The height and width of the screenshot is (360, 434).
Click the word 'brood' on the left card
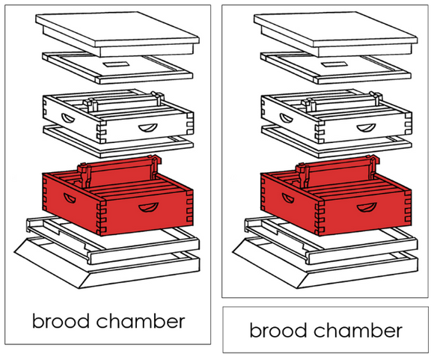[61, 320]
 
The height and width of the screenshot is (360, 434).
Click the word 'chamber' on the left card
[141, 320]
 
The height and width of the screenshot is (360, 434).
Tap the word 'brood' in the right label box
[278, 330]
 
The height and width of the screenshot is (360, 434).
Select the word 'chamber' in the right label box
[358, 330]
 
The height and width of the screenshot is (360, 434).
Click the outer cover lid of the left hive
[117, 33]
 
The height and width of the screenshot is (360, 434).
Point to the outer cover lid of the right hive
[335, 33]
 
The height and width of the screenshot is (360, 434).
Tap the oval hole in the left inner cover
[116, 64]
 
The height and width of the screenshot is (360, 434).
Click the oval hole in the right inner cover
[334, 64]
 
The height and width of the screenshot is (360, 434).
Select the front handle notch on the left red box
[148, 207]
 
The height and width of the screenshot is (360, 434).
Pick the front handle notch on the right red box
[367, 207]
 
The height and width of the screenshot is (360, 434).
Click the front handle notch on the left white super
[148, 128]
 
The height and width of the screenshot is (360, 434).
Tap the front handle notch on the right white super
[366, 128]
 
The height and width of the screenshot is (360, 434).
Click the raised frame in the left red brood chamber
[119, 171]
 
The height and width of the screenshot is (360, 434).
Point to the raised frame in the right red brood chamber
[337, 171]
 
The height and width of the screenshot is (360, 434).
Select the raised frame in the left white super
[123, 102]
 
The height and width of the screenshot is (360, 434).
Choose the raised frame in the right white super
[341, 102]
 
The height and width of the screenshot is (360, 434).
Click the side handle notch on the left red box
[69, 198]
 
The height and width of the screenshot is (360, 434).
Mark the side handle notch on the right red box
[287, 198]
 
